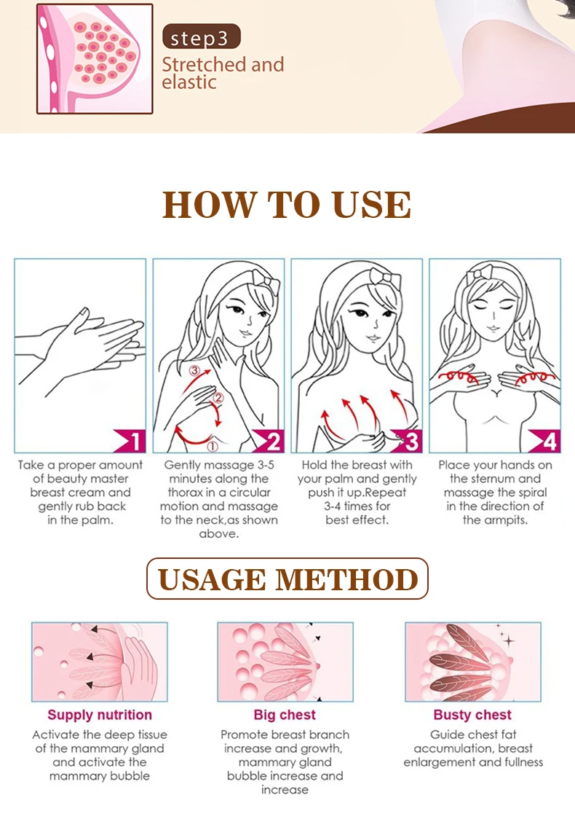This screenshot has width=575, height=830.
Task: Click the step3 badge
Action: pos(202,37)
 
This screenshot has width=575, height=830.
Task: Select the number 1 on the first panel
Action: pos(137,441)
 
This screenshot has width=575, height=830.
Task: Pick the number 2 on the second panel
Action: pos(274,441)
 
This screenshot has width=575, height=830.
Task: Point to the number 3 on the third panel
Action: pos(412,441)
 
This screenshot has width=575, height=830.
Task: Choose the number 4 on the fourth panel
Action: pos(550,441)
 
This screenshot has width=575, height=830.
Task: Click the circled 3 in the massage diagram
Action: pos(195,370)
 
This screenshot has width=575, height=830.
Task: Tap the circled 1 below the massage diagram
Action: pos(212,446)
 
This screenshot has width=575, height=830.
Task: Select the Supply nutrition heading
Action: pos(100,715)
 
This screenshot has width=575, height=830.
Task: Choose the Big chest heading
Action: pos(285,715)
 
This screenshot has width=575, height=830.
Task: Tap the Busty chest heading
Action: pos(472,715)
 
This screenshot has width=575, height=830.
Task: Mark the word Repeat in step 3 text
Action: pos(385,493)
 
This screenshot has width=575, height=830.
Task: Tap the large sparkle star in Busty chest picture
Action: pos(509,641)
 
